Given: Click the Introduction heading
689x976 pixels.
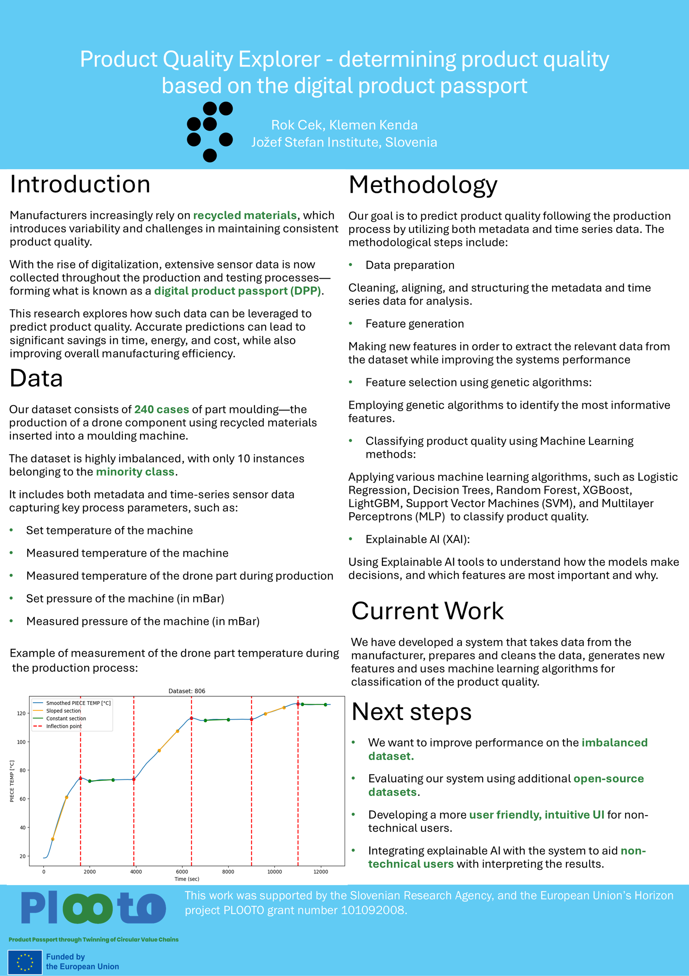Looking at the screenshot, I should (80, 185).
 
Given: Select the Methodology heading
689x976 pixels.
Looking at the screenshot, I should (422, 185).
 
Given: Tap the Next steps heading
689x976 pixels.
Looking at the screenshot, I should (411, 712).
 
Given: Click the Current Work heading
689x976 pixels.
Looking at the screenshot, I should (427, 611).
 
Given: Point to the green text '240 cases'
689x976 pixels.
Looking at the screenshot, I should (162, 410).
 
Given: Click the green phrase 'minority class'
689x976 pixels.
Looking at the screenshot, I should (135, 472).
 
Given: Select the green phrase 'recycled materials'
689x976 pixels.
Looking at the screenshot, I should (245, 216).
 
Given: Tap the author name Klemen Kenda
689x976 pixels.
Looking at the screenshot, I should (373, 125).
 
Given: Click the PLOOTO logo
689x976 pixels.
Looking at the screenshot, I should (94, 908).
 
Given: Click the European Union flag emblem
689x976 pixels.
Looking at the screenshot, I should (25, 962).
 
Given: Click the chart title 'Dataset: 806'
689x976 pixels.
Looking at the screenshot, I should (187, 691).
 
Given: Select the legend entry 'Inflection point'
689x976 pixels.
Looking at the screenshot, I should (64, 726).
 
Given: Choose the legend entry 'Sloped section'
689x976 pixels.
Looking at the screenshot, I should (63, 711).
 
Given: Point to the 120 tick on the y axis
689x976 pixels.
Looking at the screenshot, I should (21, 713).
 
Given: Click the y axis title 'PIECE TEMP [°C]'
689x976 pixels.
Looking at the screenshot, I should (12, 781).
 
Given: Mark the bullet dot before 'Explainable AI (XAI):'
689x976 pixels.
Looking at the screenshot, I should (351, 539).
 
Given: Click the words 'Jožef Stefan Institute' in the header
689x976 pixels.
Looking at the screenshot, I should (315, 142).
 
